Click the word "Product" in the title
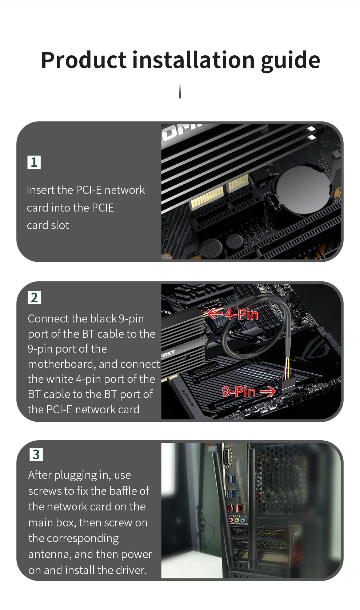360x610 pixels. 84,60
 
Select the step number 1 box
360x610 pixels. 34,162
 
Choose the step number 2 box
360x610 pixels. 34,297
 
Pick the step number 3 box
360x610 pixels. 36,454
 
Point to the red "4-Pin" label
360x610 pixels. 241,314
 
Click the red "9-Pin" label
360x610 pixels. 239,392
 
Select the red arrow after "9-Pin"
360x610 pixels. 268,392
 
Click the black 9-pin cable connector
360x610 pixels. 288,386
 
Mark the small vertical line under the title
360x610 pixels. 180,91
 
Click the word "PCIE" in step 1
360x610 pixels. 103,208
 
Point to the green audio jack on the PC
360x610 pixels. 237,520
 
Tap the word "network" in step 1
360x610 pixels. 125,190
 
